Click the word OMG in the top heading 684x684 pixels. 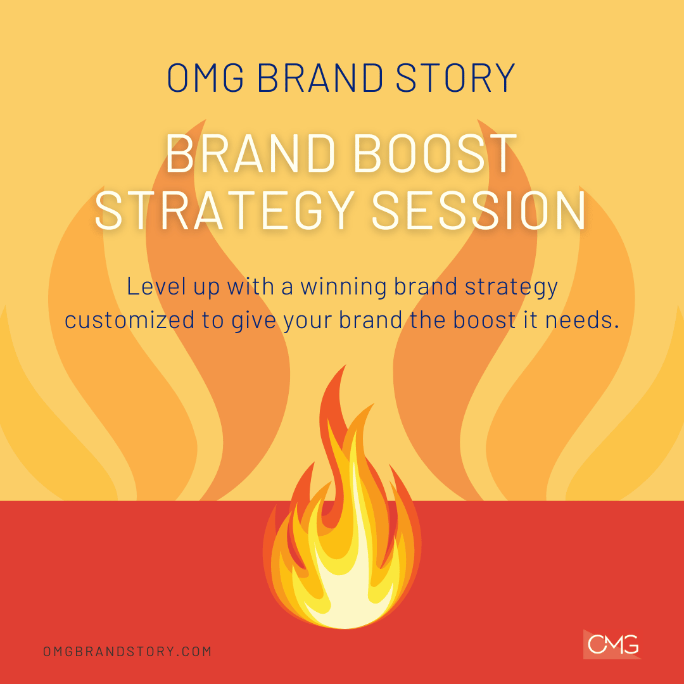pos(205,78)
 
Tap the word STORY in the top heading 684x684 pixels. pos(455,78)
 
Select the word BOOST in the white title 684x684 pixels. pos(435,153)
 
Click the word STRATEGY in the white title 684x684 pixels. pos(225,210)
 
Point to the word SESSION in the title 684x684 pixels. pos(479,210)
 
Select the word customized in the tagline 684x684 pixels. pos(130,320)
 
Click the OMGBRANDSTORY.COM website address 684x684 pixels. pos(127,651)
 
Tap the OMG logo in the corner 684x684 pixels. pos(612,644)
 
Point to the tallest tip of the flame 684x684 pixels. pos(346,365)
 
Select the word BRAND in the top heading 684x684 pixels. pos(320,78)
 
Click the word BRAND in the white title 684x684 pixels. pos(250,153)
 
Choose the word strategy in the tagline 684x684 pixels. pos(511,288)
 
